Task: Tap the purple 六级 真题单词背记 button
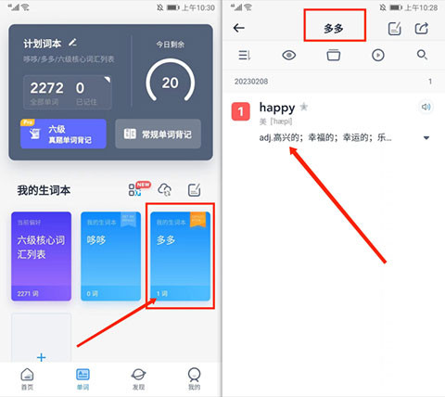point(62,134)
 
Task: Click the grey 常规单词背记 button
point(158,134)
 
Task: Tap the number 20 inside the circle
point(170,83)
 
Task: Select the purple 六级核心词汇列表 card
point(41,256)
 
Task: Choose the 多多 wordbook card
point(180,256)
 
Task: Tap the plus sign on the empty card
point(41,354)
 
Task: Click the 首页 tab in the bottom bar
point(28,378)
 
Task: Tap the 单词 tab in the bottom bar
point(83,378)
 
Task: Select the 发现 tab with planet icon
point(138,378)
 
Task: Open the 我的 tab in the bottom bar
point(194,378)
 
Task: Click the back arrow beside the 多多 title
point(239,28)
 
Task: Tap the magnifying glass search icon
point(423,56)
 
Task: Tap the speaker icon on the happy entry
point(426,108)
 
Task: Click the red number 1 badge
point(240,112)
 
